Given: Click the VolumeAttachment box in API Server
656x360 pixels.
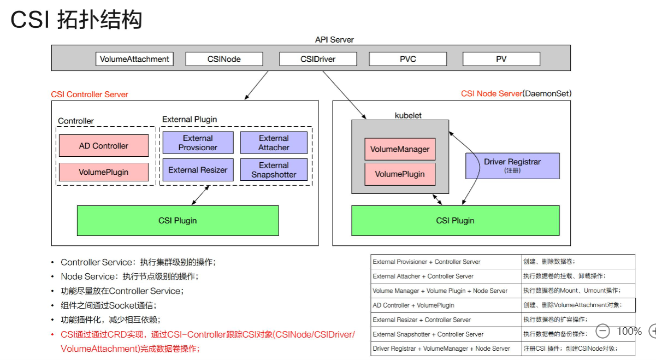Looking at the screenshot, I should [x=134, y=59].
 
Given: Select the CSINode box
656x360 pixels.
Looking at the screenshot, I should [x=224, y=59].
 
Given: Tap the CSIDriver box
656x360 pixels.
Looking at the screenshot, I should [x=318, y=59].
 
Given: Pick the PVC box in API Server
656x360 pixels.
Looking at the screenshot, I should [x=408, y=59].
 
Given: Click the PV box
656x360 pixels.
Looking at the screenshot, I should [x=501, y=59].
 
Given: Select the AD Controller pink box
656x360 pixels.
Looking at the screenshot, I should [x=104, y=146].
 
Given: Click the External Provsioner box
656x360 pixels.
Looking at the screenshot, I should [x=198, y=143].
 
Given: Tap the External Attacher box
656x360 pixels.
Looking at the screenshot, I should [x=274, y=143].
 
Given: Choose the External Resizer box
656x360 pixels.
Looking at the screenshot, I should [x=198, y=170].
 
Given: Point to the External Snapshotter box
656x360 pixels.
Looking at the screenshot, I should [x=274, y=170].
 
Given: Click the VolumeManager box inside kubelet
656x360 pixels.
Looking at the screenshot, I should [x=400, y=149].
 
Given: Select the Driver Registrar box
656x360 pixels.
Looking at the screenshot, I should [x=512, y=166].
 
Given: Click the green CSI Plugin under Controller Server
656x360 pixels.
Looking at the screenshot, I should [x=178, y=221].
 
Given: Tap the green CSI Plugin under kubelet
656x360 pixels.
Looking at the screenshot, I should [x=455, y=221].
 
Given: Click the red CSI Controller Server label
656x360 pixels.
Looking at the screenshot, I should [x=90, y=94].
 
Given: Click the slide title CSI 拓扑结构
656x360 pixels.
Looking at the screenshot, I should [x=76, y=20].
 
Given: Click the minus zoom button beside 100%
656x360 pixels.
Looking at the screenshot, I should [x=602, y=331].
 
